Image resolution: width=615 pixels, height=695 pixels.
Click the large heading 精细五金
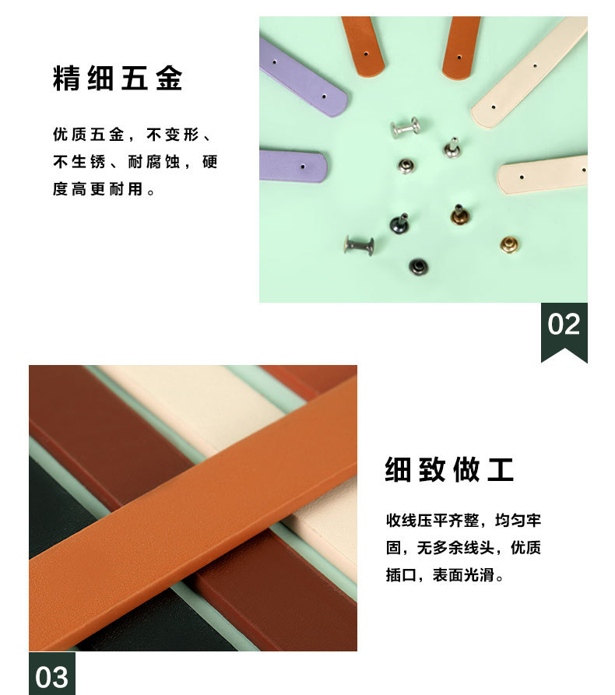(x=118, y=79)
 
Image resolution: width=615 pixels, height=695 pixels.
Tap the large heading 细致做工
(x=449, y=469)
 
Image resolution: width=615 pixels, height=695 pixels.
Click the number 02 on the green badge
(x=564, y=324)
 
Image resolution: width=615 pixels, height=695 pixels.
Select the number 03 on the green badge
(x=51, y=677)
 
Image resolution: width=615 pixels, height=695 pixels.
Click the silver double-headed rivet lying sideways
(x=406, y=128)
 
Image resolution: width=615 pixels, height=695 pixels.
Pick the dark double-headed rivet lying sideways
(x=360, y=245)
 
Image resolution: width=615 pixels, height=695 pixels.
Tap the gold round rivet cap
(x=510, y=244)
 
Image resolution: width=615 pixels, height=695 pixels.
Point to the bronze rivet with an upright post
(x=459, y=215)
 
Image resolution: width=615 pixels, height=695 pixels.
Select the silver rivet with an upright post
(x=452, y=148)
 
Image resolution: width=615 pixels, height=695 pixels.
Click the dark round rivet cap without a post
(x=418, y=266)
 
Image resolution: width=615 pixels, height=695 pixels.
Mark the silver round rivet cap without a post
(x=406, y=167)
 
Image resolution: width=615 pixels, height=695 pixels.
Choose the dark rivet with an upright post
(x=400, y=223)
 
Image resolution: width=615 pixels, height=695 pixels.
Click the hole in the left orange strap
(x=366, y=54)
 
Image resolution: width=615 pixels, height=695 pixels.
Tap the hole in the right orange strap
(x=459, y=57)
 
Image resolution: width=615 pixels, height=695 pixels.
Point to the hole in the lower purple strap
(x=303, y=167)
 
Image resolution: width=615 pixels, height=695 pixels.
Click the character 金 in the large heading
(x=169, y=79)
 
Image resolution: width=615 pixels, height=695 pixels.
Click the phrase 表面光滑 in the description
(x=463, y=575)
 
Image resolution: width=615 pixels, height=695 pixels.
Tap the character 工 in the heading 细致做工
(x=501, y=469)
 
